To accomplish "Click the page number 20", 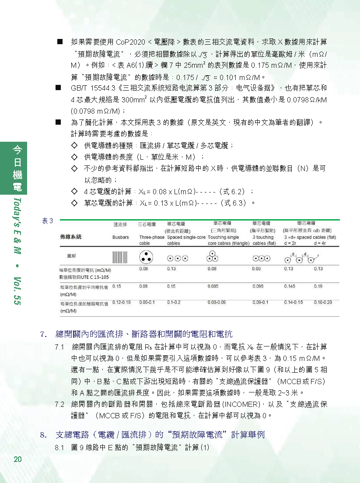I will [17, 459].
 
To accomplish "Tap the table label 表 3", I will [47, 221].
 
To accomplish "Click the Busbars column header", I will [120, 237].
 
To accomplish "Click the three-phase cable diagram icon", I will [145, 257].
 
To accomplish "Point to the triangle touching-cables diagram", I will [212, 255].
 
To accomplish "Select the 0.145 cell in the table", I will [290, 287].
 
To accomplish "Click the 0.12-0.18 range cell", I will [121, 302].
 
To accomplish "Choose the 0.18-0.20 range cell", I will [323, 302].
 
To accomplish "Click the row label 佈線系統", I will [71, 237].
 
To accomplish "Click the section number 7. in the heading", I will [43, 335].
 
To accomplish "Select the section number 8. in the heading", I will [43, 435].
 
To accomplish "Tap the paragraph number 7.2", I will [60, 404].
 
